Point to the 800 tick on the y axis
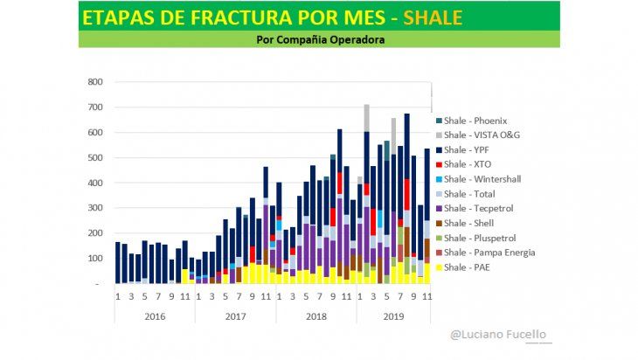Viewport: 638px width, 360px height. click(95, 82)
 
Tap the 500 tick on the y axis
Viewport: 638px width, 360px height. click(95, 158)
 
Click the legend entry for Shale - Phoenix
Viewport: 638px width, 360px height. click(475, 121)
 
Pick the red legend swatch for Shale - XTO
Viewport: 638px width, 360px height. click(438, 164)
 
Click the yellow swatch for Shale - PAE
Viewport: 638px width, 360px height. click(438, 267)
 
